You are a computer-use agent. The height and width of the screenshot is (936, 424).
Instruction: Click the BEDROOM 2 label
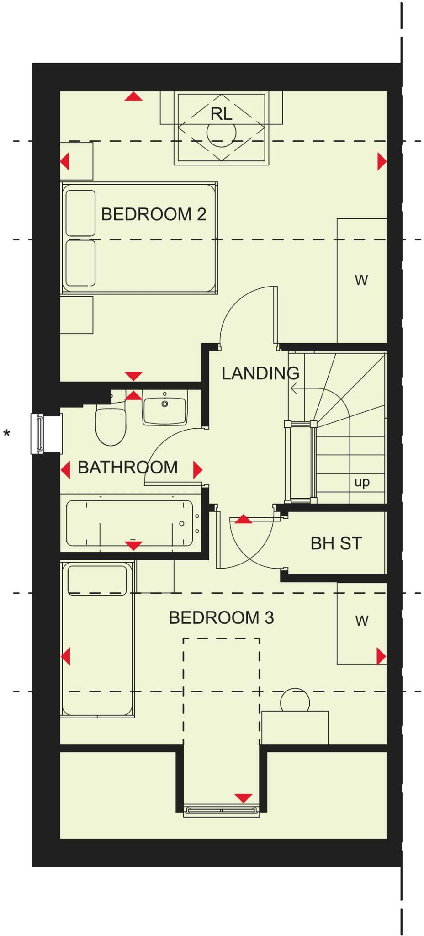point(153,214)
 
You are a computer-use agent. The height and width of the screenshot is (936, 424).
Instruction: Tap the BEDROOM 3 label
point(221,618)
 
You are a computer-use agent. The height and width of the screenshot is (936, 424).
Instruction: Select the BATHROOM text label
point(127,468)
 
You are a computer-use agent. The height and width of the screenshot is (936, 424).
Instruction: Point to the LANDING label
point(260,373)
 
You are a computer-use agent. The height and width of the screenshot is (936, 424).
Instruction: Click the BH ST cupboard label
point(336,543)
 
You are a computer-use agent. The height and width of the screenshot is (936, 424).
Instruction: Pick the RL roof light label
point(221,114)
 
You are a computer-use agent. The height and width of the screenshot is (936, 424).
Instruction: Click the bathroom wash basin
point(164,407)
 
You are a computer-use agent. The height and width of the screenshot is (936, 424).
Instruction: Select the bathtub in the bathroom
point(130,523)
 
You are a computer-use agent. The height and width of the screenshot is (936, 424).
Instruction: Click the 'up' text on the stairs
point(362,482)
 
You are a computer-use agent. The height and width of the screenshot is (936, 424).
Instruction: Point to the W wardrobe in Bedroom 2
point(361,280)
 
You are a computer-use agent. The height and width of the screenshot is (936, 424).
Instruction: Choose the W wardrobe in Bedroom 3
point(361,621)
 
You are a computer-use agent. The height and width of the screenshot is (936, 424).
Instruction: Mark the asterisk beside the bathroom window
point(7,433)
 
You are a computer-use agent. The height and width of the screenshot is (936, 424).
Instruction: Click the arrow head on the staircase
point(293,389)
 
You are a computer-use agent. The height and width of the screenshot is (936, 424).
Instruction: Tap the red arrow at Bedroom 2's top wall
point(133,96)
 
